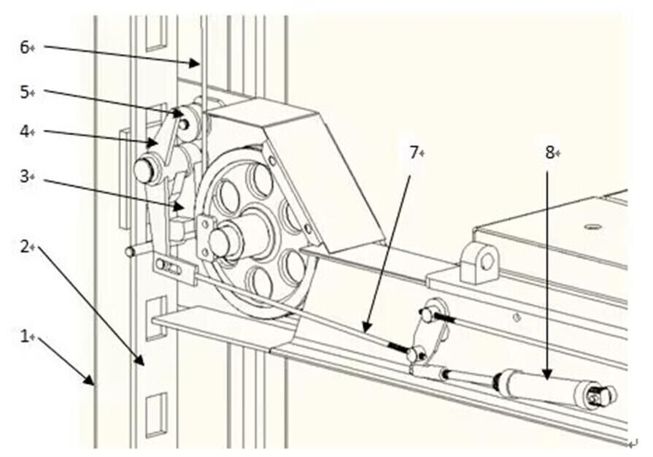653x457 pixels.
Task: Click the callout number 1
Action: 23,338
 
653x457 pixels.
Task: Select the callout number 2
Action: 23,246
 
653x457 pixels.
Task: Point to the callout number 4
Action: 23,132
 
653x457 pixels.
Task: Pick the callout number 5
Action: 23,92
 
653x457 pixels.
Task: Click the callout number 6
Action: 23,47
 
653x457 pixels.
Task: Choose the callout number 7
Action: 414,153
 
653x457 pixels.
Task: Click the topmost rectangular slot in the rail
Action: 155,33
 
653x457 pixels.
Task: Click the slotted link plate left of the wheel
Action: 174,269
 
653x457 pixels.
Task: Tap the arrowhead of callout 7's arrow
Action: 365,331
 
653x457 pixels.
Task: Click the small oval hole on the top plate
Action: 593,226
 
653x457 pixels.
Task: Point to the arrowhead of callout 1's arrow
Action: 93,383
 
